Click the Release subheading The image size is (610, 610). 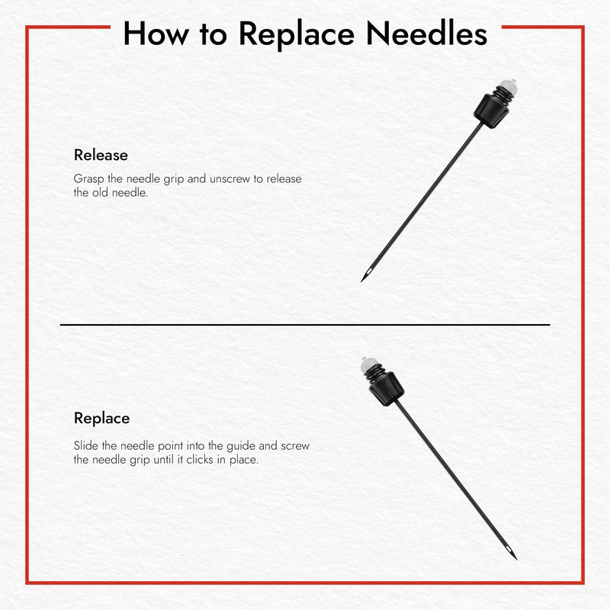pos(101,155)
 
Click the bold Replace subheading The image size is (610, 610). pos(101,418)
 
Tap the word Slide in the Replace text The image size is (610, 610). pos(86,446)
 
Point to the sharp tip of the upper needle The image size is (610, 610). pos(363,280)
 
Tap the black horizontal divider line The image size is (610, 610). pos(305,325)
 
